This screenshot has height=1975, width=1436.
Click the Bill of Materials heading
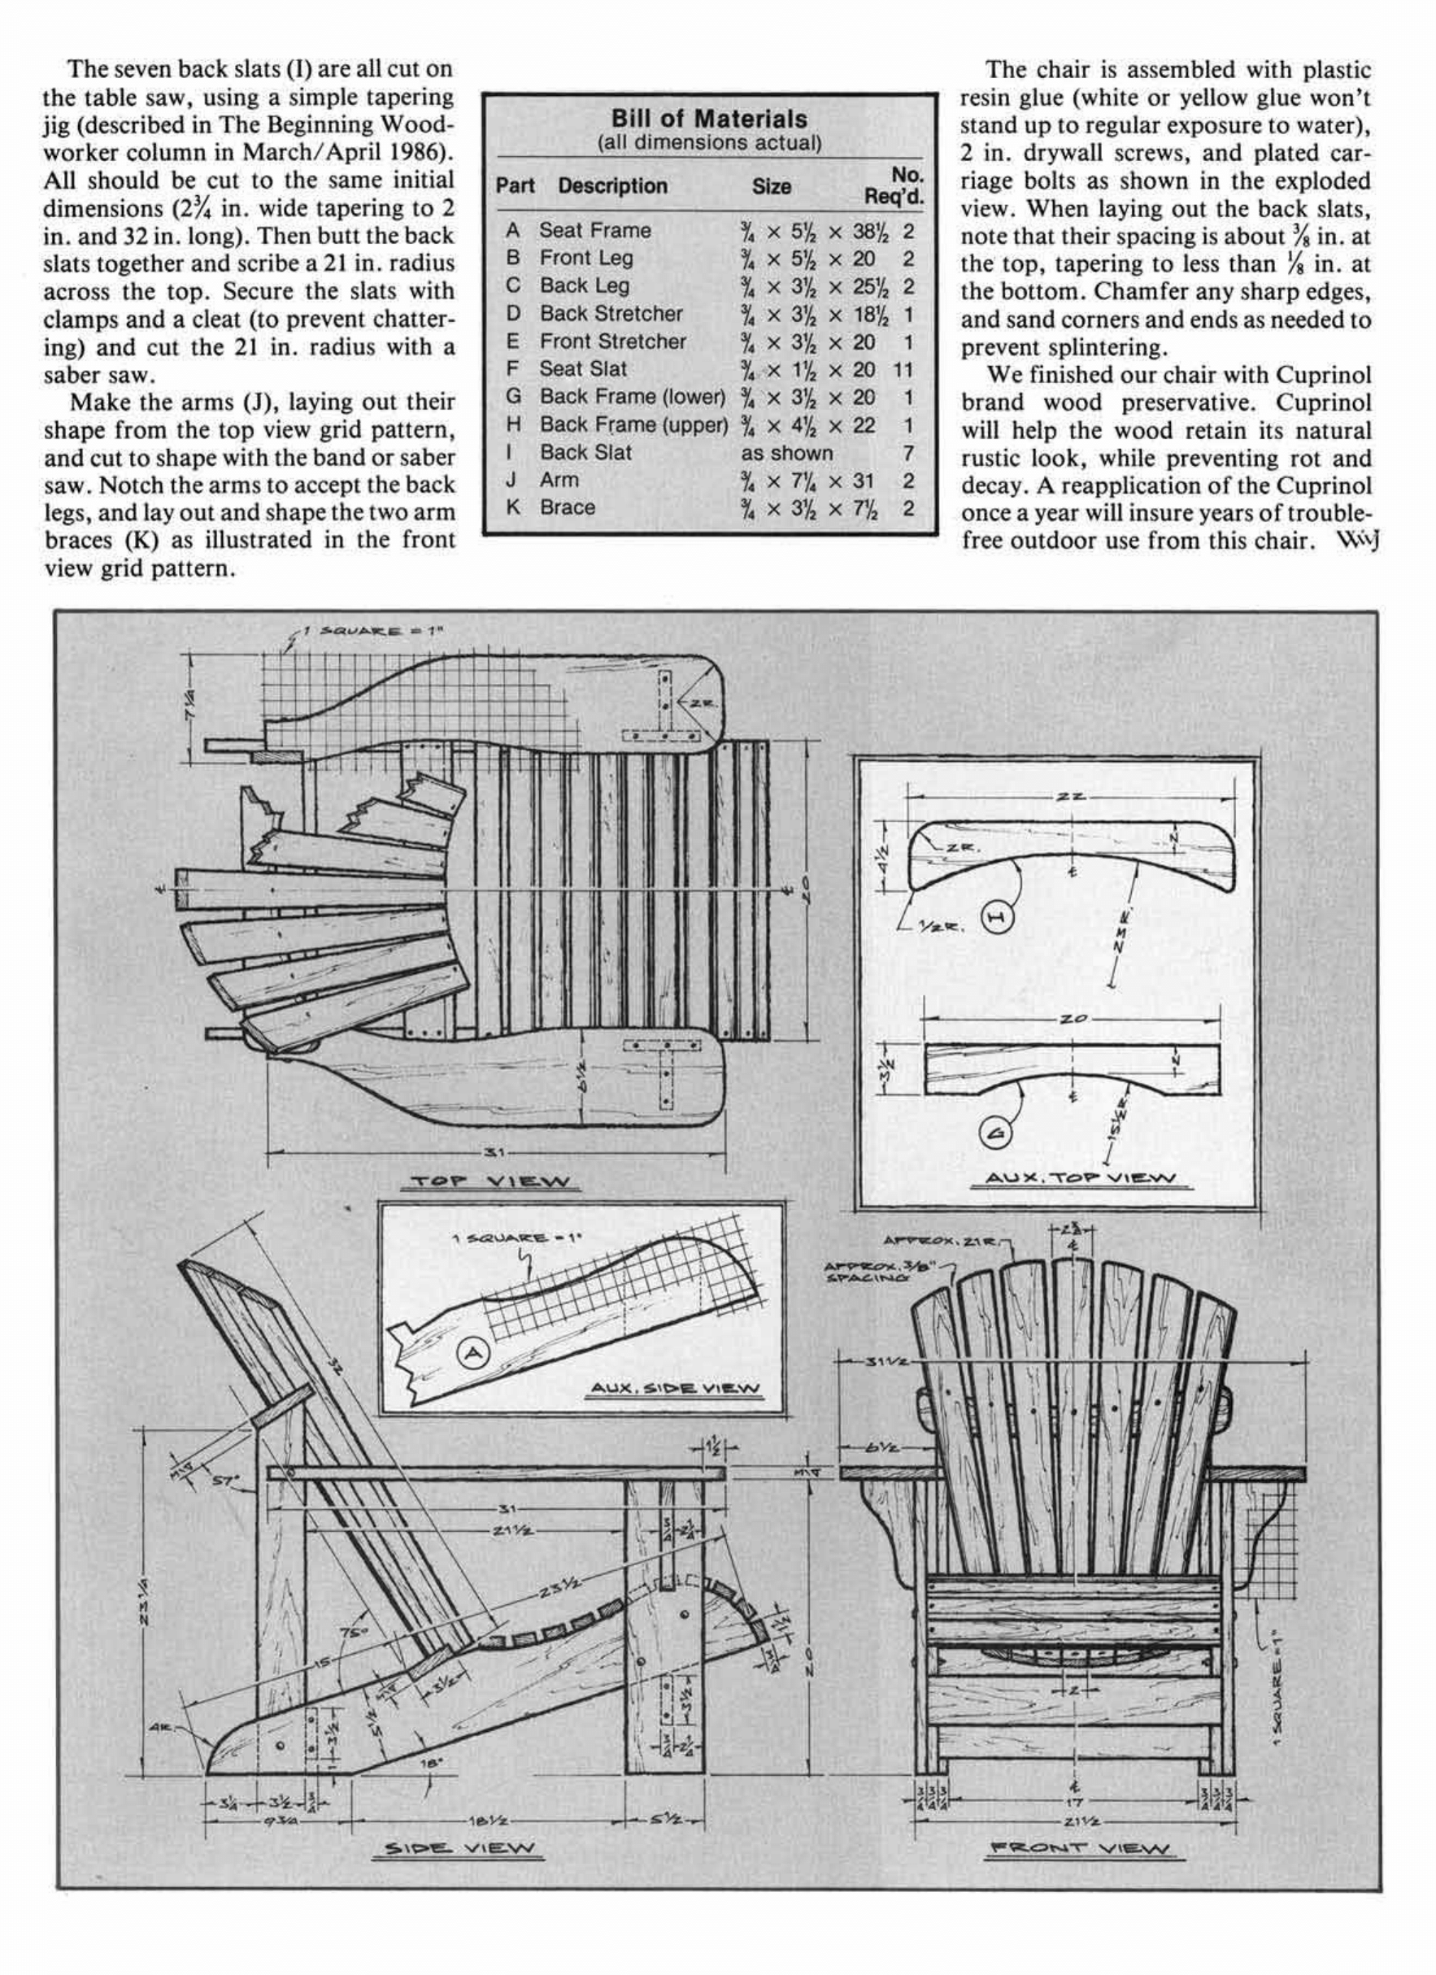coord(708,119)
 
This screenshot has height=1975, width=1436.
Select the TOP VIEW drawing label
coord(490,1182)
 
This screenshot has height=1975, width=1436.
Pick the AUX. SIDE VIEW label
coord(673,1389)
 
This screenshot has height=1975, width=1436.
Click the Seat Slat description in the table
coord(582,369)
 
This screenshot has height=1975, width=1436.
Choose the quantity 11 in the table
coord(903,369)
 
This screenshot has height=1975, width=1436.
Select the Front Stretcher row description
coord(612,341)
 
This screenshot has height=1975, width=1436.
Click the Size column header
coord(771,186)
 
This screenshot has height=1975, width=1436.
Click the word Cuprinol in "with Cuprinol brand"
coord(1324,376)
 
